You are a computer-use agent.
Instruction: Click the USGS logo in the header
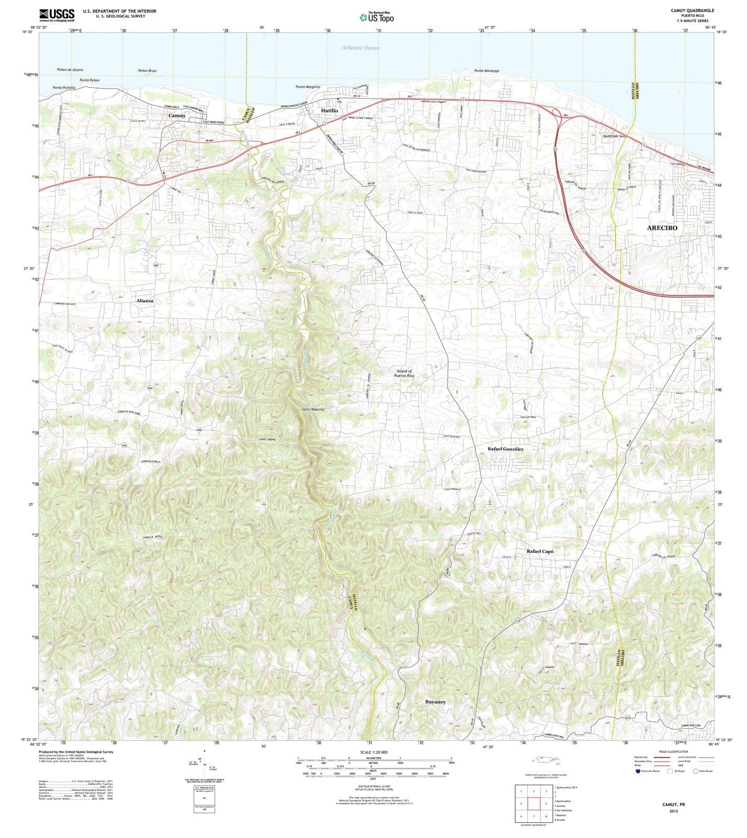point(57,14)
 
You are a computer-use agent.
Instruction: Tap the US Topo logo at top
point(376,17)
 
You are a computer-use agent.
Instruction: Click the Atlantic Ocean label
point(361,48)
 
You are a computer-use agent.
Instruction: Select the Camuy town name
point(177,115)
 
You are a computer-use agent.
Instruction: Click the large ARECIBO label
point(662,228)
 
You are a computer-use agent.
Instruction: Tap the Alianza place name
point(145,301)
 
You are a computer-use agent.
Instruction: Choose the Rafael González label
point(505,449)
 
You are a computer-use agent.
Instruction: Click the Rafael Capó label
point(540,552)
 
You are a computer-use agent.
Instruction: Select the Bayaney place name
point(436,701)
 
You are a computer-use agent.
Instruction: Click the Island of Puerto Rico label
point(405,373)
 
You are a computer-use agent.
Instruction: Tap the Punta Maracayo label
point(486,71)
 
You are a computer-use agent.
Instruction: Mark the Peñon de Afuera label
point(70,70)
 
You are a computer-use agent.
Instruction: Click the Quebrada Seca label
point(615,136)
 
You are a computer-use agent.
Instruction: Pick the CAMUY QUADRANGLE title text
point(692,10)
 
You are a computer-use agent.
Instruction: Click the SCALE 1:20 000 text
point(373,752)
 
